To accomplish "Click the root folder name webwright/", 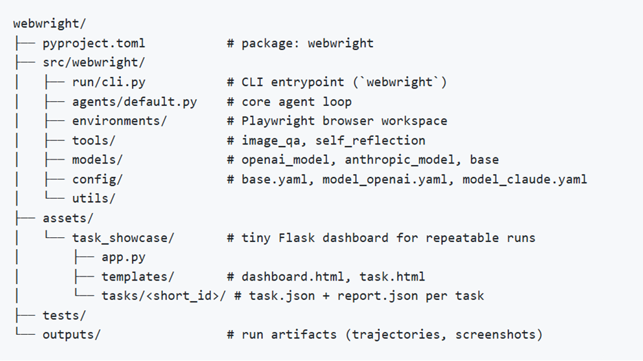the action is [49, 23].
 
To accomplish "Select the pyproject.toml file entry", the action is [94, 43].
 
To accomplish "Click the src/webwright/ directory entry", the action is [94, 63].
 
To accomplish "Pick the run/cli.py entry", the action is [109, 82].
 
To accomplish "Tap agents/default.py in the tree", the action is [135, 102].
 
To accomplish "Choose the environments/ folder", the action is [120, 121].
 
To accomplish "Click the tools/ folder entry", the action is [94, 140].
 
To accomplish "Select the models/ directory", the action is [98, 160].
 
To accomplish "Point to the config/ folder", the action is [98, 179].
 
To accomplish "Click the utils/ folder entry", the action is [94, 198].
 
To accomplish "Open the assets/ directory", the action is [68, 218].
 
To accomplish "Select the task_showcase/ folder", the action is [124, 238].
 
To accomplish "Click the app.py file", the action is [124, 257].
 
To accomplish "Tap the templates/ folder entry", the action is [138, 276].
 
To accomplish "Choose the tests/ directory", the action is [65, 316].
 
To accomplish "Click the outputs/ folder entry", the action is [71, 335].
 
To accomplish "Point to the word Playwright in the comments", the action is [278, 121].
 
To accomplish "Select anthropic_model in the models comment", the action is [400, 160].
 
